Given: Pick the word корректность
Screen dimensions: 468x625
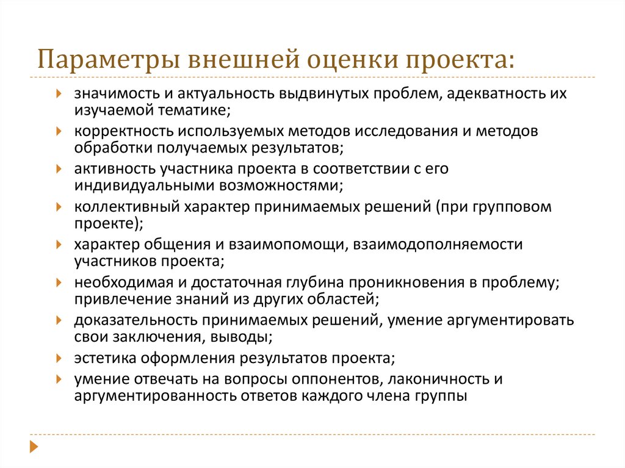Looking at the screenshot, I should pos(120,132).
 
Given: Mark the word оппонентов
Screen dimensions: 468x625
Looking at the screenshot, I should pos(330,378).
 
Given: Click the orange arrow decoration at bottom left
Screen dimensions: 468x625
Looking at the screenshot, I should pos(34,447).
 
